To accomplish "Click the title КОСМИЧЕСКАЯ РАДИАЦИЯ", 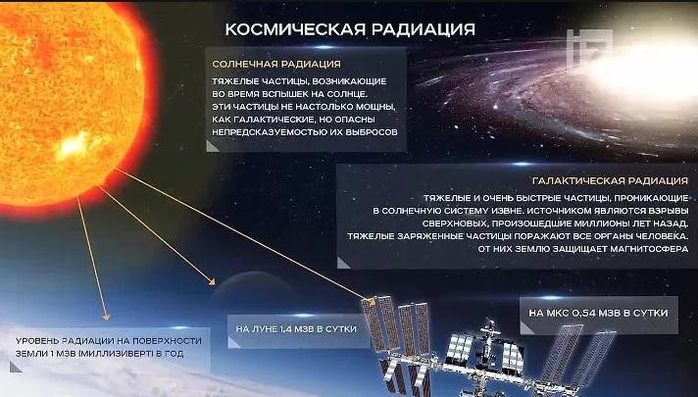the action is pyautogui.click(x=350, y=29).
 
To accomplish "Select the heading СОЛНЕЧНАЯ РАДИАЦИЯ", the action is pyautogui.click(x=276, y=64).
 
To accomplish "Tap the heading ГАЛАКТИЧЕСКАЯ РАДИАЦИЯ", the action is pyautogui.click(x=611, y=181).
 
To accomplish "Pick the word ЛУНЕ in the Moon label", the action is pyautogui.click(x=267, y=329).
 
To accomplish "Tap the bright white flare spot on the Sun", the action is pyautogui.click(x=73, y=145).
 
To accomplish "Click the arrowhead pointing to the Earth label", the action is pyautogui.click(x=106, y=317).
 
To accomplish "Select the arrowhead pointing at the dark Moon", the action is pyautogui.click(x=213, y=281).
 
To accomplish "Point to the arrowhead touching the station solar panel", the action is pyautogui.click(x=371, y=302).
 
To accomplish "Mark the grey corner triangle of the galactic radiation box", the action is pyautogui.click(x=343, y=263).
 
